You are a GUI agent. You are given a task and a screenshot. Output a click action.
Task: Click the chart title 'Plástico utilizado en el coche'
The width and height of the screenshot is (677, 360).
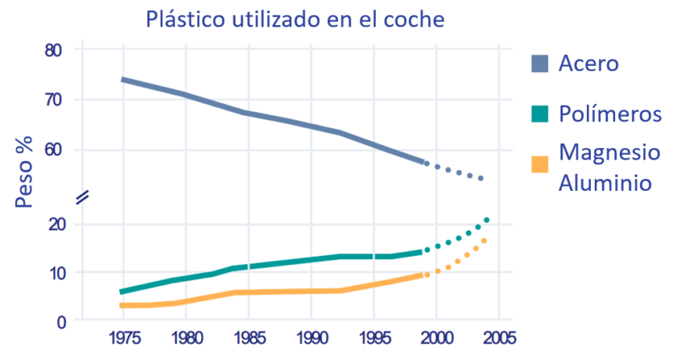295,20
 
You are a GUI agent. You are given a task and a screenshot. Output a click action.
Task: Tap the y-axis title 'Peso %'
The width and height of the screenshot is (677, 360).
24,172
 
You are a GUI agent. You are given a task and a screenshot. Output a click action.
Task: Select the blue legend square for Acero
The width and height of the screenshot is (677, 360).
540,63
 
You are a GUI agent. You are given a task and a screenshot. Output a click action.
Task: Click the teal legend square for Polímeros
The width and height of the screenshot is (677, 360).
540,114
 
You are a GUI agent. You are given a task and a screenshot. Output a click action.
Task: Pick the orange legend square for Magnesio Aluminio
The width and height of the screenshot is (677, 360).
540,164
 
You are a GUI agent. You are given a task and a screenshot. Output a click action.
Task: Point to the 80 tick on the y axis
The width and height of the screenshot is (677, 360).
53,51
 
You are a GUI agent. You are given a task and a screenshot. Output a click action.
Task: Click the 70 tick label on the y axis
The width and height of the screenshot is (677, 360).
53,99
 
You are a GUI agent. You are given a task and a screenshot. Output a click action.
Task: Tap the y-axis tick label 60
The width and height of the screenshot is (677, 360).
53,149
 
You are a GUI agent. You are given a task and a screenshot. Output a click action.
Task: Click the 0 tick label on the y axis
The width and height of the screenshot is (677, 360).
61,322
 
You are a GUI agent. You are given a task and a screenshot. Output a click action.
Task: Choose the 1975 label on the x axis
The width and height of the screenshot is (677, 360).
124,338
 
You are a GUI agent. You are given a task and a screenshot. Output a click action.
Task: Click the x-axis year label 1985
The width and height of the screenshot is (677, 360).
250,338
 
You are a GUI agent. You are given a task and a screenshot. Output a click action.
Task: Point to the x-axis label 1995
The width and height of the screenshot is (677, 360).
374,338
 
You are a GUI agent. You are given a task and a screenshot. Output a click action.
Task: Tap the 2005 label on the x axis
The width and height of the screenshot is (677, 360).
499,338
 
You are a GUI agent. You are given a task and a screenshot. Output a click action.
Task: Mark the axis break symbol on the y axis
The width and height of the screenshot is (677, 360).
82,197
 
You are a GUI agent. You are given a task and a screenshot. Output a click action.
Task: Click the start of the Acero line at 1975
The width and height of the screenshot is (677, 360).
123,80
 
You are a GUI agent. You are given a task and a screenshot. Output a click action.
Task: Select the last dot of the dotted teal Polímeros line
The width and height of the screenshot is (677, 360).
487,220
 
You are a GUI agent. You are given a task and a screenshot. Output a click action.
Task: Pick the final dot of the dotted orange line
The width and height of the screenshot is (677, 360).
484,240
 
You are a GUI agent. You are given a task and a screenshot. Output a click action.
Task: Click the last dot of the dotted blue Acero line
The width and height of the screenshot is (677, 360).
481,178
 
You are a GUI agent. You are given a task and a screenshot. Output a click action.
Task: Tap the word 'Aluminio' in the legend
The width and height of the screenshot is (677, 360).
605,183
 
